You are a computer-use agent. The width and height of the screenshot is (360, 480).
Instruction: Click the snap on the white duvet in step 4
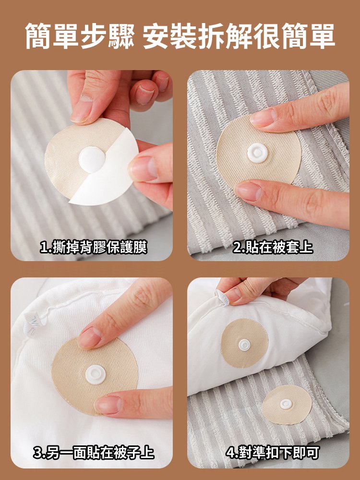click(x=245, y=344)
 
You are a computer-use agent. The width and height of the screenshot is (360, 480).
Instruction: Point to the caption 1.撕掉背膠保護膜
click(x=94, y=247)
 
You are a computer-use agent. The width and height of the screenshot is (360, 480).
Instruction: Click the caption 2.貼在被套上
click(x=273, y=247)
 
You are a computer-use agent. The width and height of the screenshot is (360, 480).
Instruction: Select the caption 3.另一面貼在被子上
click(x=94, y=452)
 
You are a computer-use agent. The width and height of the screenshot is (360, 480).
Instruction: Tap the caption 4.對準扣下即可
click(x=273, y=452)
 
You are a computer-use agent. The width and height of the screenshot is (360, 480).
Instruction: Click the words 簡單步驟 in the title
click(x=80, y=36)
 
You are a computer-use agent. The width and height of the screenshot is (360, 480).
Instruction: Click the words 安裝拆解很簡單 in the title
click(x=239, y=36)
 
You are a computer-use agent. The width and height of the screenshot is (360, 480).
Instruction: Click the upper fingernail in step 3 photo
click(x=89, y=337)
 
